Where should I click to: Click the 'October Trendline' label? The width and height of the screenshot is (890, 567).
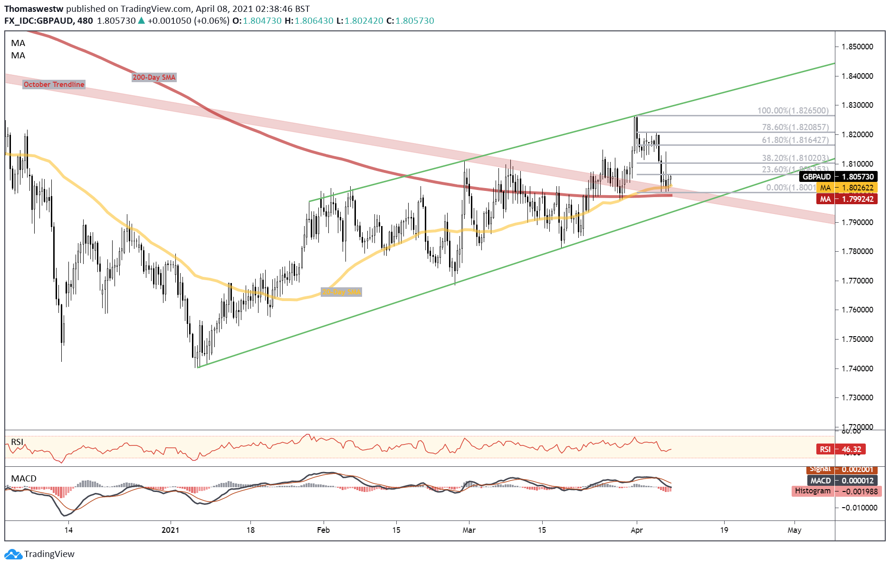(x=54, y=85)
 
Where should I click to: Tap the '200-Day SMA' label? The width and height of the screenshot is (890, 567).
(x=154, y=77)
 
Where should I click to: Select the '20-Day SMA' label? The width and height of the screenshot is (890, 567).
(x=341, y=292)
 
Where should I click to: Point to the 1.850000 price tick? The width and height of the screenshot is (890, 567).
(x=857, y=47)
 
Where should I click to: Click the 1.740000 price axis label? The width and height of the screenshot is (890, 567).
(x=857, y=369)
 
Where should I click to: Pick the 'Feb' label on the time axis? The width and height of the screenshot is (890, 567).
(x=323, y=530)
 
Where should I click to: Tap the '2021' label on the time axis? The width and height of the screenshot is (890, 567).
(x=170, y=530)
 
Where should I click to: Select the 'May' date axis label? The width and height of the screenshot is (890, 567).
(x=794, y=530)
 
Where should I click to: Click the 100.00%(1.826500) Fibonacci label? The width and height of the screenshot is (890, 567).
(x=793, y=111)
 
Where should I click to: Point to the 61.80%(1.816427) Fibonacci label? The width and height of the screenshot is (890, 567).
(x=795, y=140)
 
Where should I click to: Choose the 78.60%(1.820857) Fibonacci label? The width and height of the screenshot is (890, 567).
(x=795, y=127)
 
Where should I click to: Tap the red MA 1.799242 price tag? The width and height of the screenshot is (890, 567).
(x=847, y=199)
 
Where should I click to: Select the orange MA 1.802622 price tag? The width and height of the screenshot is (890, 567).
(x=847, y=188)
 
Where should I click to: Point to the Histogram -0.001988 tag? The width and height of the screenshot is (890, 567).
(x=836, y=491)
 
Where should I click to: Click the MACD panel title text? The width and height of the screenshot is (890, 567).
(x=24, y=478)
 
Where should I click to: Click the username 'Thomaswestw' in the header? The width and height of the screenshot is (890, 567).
(x=34, y=9)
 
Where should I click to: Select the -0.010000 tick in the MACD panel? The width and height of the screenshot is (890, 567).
(x=859, y=508)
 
